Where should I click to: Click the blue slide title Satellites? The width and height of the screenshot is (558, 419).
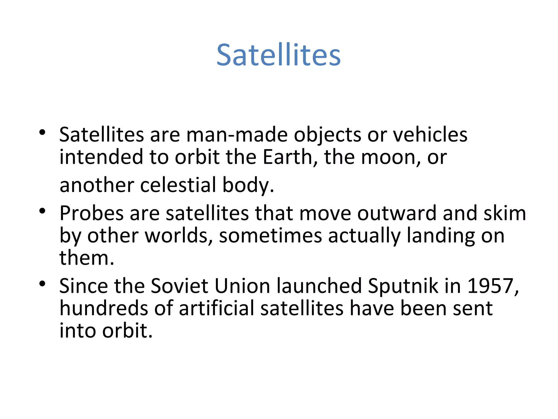278,55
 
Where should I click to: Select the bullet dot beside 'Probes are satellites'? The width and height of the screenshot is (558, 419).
42,211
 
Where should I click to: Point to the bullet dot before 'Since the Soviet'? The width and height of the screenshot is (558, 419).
42,284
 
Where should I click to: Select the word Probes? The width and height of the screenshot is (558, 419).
92,213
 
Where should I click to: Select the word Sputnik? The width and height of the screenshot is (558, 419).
403,286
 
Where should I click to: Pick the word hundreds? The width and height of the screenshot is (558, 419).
104,309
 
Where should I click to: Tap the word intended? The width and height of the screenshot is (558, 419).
101,157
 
